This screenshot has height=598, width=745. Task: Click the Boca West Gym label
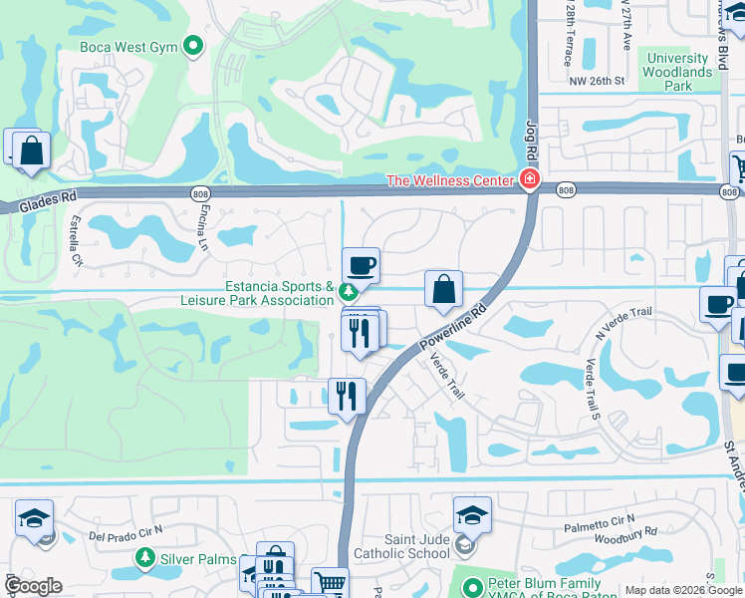pos(128,47)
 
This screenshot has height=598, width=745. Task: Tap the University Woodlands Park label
pos(678,72)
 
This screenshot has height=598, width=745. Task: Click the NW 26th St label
pos(596,81)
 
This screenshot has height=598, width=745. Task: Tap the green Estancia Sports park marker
pos(348,292)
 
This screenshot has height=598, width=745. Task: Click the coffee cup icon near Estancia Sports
pos(361,266)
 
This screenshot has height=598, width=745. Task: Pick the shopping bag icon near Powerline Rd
pos(443,289)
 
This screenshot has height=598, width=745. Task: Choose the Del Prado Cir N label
pos(124,535)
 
